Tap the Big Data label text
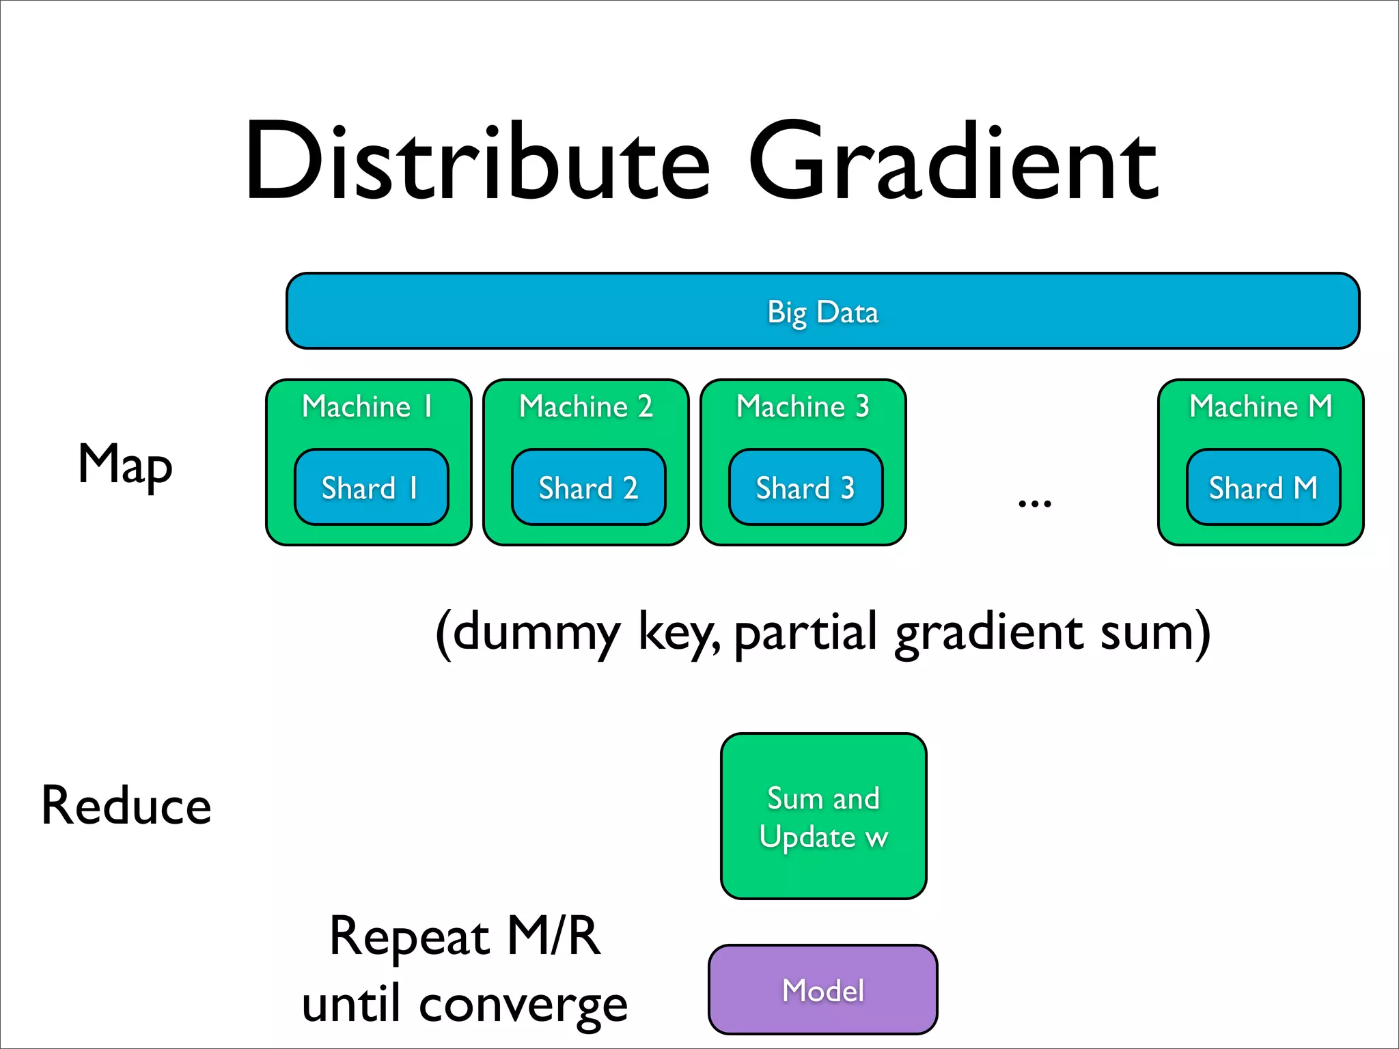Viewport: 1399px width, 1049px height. [x=822, y=312]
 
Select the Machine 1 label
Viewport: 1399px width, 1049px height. [x=368, y=407]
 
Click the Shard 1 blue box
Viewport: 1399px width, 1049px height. [x=371, y=488]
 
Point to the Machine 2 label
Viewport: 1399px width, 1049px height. [x=585, y=407]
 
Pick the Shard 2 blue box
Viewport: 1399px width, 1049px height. [x=588, y=488]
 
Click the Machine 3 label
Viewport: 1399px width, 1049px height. [x=803, y=407]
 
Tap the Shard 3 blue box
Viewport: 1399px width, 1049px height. [x=805, y=488]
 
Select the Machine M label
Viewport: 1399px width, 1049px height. [x=1260, y=407]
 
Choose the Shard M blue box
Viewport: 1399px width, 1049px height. [x=1263, y=488]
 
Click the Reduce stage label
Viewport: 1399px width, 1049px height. [x=126, y=806]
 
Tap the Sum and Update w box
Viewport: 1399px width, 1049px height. [x=823, y=817]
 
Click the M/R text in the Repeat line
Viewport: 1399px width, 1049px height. [x=553, y=936]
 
